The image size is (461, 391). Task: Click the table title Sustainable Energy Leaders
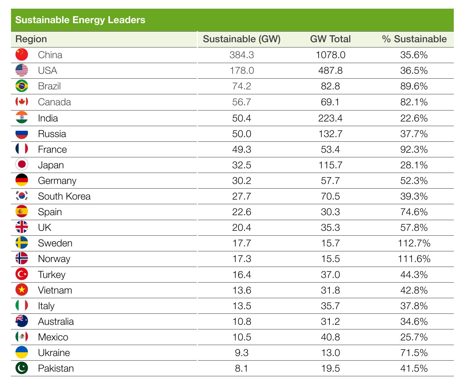pos(80,20)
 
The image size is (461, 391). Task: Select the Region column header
pos(31,39)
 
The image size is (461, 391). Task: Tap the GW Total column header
pos(330,39)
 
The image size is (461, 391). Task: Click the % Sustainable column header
pos(414,39)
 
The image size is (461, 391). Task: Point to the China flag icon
pos(22,55)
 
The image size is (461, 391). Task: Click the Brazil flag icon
pos(22,86)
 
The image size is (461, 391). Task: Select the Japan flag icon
pos(22,165)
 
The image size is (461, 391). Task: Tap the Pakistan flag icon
pos(22,368)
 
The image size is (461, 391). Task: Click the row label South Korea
pos(64,196)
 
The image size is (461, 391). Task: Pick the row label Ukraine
pos(54,353)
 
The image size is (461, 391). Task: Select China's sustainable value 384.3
pos(242,55)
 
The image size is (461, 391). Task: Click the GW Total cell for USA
pos(330,71)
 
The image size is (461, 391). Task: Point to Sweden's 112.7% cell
pos(414,243)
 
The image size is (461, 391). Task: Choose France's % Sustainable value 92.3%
pos(414,150)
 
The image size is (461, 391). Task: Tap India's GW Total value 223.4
pos(330,118)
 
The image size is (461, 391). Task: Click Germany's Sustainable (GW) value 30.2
pos(242,181)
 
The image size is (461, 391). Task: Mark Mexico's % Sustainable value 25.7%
pos(414,337)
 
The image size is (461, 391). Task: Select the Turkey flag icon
pos(22,274)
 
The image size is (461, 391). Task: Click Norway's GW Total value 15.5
pos(330,259)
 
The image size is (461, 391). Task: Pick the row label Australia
pos(56,322)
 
